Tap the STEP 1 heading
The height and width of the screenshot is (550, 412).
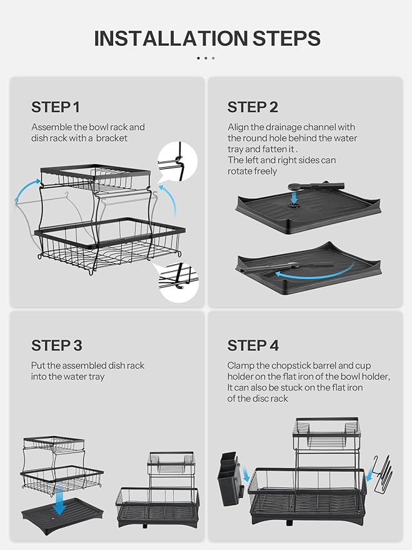tap(56, 106)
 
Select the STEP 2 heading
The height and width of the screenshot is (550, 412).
tap(253, 106)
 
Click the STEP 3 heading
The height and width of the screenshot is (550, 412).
tap(56, 345)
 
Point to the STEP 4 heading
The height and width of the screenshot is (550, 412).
tap(253, 345)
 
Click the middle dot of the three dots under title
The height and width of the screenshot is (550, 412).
tap(206, 58)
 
